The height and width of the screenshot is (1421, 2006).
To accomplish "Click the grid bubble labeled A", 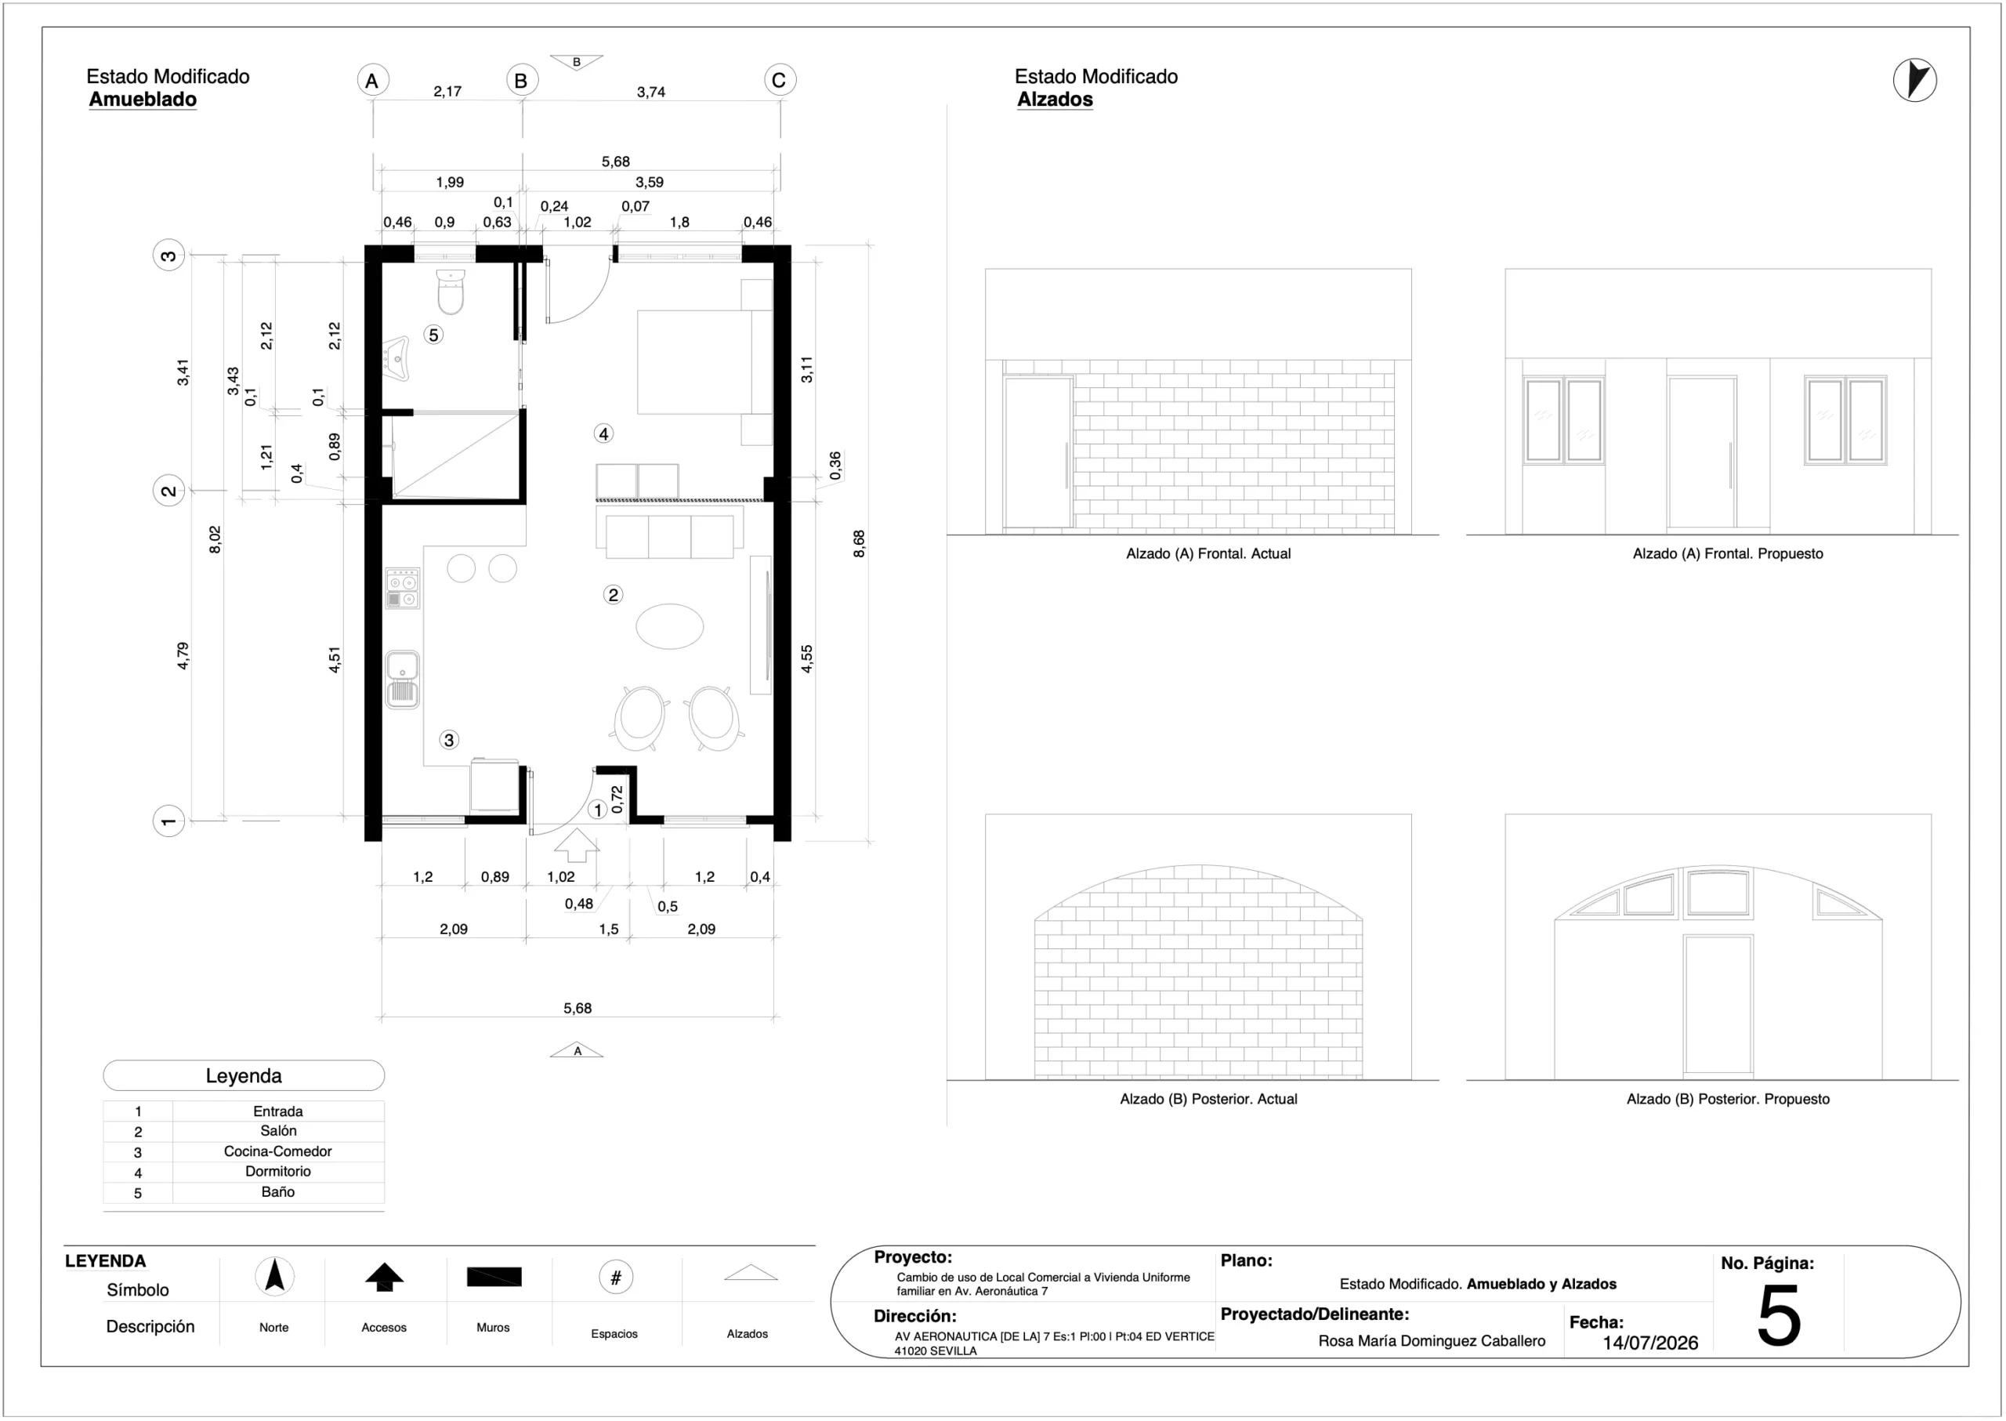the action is pos(373,81).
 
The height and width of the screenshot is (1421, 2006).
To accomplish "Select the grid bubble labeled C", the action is pos(780,81).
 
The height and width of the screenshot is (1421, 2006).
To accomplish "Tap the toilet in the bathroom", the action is pos(451,292).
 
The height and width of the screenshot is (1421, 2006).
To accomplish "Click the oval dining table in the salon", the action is pos(669,626).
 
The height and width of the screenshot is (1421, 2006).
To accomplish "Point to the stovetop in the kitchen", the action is pos(403,588).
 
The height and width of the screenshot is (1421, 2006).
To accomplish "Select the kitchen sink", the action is pos(403,679).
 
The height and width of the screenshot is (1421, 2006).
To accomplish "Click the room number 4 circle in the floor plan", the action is pos(603,433).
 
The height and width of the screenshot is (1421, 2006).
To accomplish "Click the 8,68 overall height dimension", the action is pos(859,543).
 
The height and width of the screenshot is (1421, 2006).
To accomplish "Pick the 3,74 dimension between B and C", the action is pos(651,92).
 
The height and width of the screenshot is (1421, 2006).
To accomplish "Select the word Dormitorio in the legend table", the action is pos(278,1172).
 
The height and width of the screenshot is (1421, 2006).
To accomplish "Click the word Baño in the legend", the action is pos(278,1192).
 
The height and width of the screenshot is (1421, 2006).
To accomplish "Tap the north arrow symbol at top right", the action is pos(1915,81).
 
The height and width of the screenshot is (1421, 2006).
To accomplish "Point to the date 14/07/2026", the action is pos(1650,1343).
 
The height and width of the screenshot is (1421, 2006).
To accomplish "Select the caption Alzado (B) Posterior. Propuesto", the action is pos(1728,1099).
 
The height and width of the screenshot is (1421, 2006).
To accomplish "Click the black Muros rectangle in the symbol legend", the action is pos(494,1277).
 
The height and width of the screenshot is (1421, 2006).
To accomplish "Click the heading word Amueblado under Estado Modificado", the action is pos(143,100).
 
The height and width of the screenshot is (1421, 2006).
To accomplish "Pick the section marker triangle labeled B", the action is pos(577,62).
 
